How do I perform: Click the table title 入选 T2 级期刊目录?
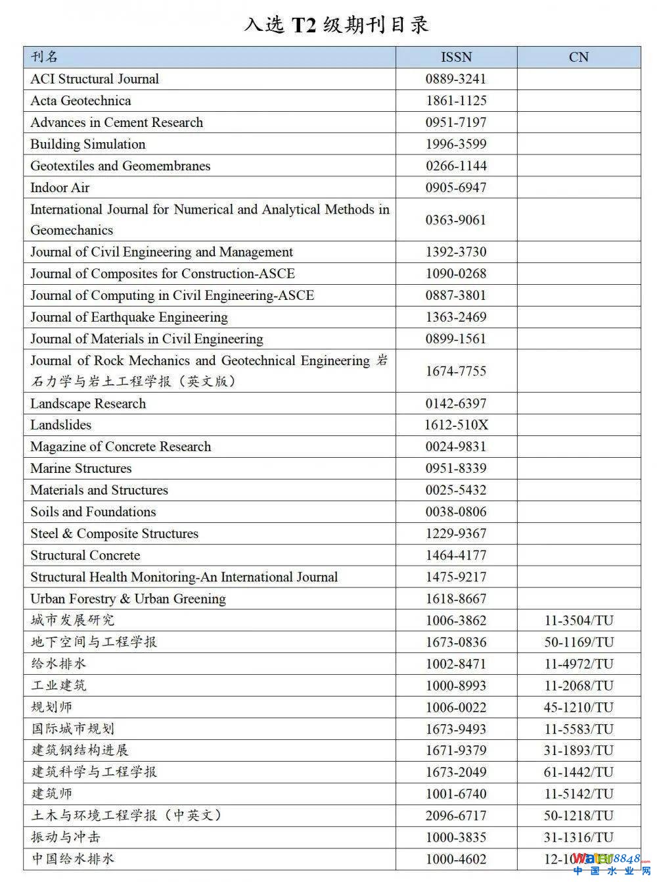click(336, 25)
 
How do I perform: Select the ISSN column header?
click(456, 57)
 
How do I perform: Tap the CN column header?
click(578, 57)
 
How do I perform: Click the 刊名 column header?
click(45, 57)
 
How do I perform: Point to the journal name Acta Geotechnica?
click(80, 101)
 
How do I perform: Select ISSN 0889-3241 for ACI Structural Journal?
click(456, 79)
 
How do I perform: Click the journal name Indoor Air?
click(60, 187)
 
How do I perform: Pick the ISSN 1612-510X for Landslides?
click(456, 425)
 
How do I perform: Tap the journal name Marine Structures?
click(81, 468)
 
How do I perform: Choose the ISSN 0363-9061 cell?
click(456, 220)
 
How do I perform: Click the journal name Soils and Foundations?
click(93, 512)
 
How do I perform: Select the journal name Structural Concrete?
click(85, 555)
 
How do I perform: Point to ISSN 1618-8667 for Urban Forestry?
click(456, 599)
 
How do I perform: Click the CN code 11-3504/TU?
click(578, 620)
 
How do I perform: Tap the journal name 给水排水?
click(58, 664)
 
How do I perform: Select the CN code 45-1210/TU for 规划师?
click(578, 707)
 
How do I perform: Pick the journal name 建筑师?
click(52, 794)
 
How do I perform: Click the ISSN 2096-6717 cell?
click(456, 816)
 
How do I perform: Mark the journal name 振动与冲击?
click(66, 837)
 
